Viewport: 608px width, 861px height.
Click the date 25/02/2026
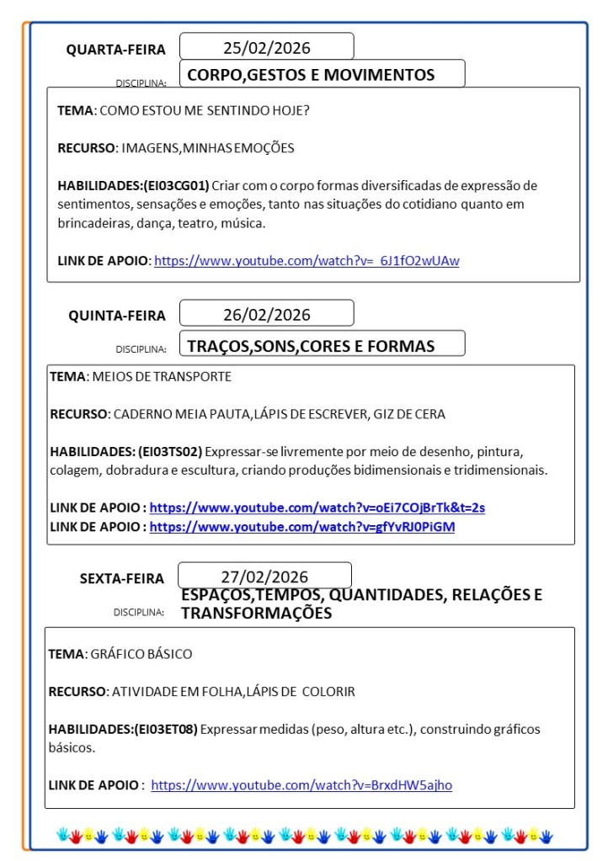pyautogui.click(x=266, y=47)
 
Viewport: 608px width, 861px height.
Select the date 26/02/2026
pyautogui.click(x=266, y=315)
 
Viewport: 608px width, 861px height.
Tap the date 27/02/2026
pyautogui.click(x=264, y=577)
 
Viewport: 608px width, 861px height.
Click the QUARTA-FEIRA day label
pyautogui.click(x=116, y=50)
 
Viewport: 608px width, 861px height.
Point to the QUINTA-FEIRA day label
pyautogui.click(x=117, y=316)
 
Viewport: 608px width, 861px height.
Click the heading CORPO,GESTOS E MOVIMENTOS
pyautogui.click(x=311, y=75)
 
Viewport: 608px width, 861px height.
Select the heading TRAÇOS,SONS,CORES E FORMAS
pyautogui.click(x=311, y=346)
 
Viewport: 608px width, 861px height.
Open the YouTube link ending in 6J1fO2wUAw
pyautogui.click(x=307, y=261)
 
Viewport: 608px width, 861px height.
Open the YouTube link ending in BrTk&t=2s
pyautogui.click(x=317, y=508)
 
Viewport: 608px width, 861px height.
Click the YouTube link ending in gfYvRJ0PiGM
pyautogui.click(x=302, y=527)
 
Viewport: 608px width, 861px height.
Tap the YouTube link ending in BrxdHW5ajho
pyautogui.click(x=301, y=785)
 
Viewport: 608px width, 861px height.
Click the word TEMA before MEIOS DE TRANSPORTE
pyautogui.click(x=67, y=376)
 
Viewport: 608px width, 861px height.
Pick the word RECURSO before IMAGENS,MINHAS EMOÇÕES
pyautogui.click(x=86, y=147)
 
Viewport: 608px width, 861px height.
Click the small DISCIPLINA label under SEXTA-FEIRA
pyautogui.click(x=138, y=612)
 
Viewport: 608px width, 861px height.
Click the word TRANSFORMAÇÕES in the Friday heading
pyautogui.click(x=256, y=614)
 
